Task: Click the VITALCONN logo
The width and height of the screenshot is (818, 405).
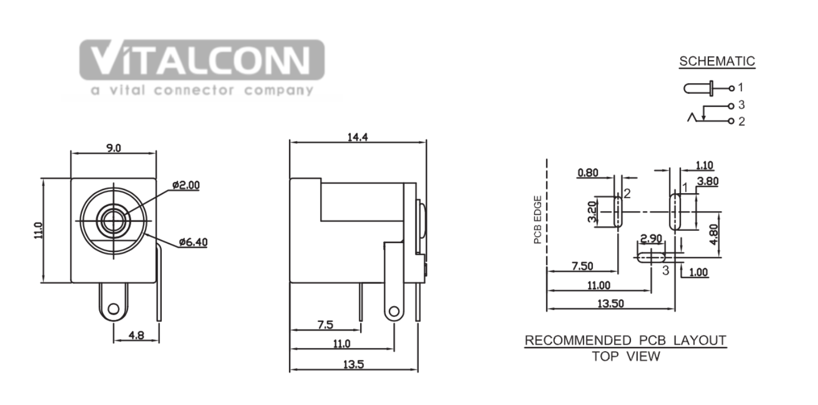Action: click(202, 68)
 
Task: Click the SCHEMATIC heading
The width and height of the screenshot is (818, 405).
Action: click(717, 61)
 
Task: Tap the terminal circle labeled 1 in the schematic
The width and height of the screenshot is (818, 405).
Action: click(731, 88)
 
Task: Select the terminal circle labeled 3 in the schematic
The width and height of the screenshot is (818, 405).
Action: click(731, 106)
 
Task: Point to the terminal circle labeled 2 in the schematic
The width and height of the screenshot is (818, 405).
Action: click(731, 121)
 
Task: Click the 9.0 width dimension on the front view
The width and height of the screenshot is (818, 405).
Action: click(113, 148)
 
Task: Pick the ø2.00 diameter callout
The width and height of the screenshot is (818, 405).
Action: click(186, 185)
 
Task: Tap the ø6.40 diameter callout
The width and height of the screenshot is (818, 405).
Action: click(193, 242)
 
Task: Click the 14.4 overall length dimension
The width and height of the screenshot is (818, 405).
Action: click(357, 137)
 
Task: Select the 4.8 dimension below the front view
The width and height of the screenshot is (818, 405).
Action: click(136, 335)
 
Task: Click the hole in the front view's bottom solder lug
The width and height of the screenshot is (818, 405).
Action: click(113, 309)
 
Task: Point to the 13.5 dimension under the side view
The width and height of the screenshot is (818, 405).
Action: click(354, 364)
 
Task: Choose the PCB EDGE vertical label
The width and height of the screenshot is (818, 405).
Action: click(538, 220)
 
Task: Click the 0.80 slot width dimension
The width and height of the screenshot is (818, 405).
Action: click(588, 173)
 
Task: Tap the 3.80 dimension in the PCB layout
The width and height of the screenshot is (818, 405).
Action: click(708, 181)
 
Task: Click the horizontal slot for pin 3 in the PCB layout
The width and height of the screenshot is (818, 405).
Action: click(651, 258)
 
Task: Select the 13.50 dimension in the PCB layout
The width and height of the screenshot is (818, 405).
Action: click(611, 303)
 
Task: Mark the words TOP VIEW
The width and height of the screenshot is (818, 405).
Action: click(626, 356)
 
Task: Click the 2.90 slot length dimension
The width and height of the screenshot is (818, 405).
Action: click(651, 239)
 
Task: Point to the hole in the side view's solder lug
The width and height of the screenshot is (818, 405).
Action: click(394, 312)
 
